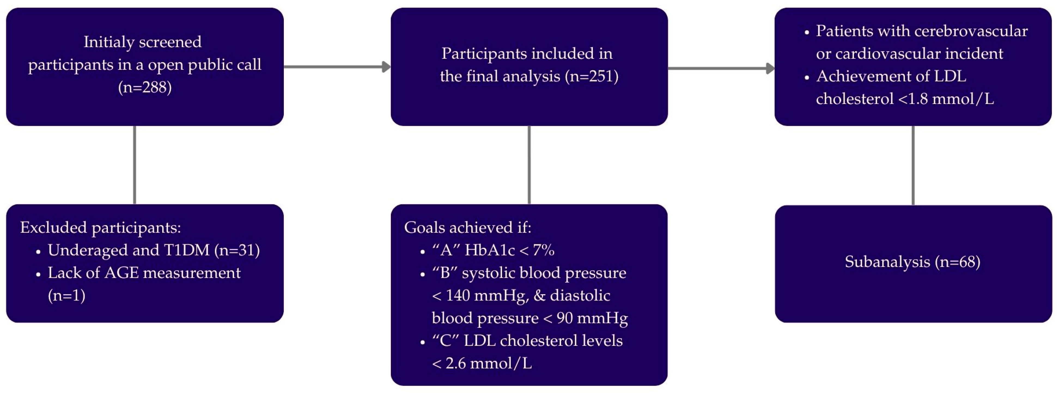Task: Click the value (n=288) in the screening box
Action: coord(145,87)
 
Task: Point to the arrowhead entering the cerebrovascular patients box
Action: coord(770,68)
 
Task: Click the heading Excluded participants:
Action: coord(101,227)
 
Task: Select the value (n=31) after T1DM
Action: coord(237,250)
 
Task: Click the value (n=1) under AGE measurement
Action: coord(67,295)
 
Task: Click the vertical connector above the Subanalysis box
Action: coord(913,164)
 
